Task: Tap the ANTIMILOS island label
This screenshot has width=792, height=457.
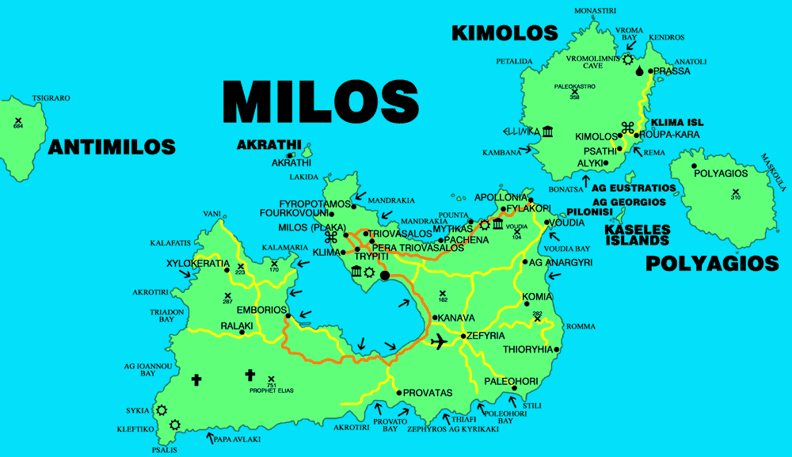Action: coord(112,147)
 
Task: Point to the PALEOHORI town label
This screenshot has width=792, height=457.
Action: coord(512,382)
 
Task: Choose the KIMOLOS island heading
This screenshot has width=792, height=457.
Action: coord(505,33)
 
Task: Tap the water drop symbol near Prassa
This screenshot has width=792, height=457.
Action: coord(639,70)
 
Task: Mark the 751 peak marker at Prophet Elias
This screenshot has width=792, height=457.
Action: coord(272,379)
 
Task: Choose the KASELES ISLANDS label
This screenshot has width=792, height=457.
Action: coord(638,234)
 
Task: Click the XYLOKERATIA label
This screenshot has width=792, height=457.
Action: coord(198,263)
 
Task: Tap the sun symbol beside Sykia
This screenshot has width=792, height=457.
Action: coord(162,410)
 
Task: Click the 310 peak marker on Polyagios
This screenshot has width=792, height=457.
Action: coord(736,192)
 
